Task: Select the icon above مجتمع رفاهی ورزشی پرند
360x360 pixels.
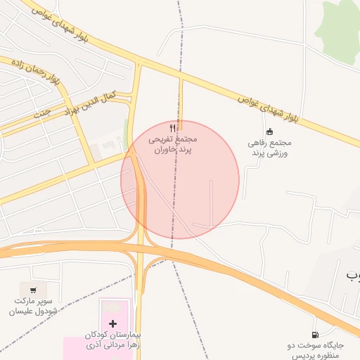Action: pyautogui.click(x=269, y=131)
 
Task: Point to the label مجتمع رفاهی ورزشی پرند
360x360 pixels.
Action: pyautogui.click(x=269, y=148)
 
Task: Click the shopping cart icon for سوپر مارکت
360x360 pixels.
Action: pyautogui.click(x=32, y=288)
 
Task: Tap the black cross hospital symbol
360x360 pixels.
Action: pyautogui.click(x=113, y=323)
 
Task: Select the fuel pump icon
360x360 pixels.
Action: pyautogui.click(x=314, y=334)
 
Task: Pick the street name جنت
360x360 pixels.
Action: pyautogui.click(x=42, y=112)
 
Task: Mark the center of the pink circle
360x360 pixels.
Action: pyautogui.click(x=180, y=179)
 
